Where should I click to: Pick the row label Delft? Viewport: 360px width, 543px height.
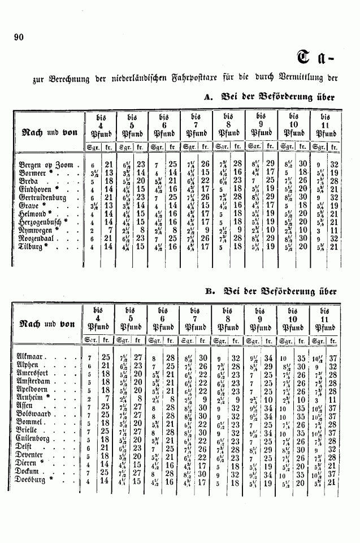coord(29,446)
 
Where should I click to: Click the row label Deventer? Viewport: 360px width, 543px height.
coord(34,455)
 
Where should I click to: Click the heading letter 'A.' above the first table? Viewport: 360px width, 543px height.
coord(207,97)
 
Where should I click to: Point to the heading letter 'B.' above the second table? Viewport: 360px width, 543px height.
coord(210,292)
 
